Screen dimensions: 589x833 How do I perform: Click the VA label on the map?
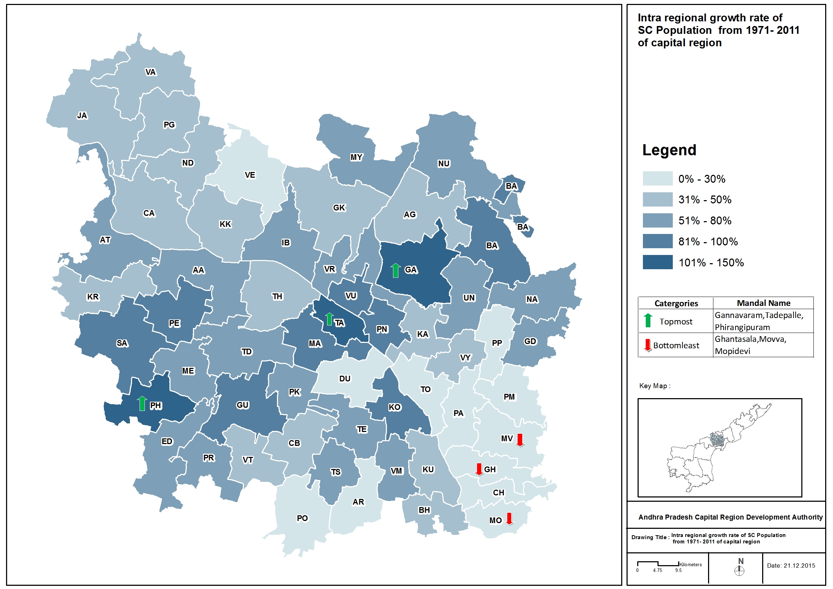[151, 72]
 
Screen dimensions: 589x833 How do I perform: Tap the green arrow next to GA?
[395, 270]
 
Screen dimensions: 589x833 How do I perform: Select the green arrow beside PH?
[142, 403]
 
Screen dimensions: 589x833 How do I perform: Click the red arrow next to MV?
[520, 440]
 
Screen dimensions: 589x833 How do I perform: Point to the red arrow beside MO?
[509, 518]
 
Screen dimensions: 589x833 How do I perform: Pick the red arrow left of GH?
[479, 469]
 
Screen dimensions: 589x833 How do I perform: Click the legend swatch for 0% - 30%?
[658, 178]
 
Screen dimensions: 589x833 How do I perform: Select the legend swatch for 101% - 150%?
[658, 262]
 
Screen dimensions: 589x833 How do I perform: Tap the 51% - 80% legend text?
[704, 221]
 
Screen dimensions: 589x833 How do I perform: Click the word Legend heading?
[669, 150]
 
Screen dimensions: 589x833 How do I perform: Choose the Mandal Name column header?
[763, 303]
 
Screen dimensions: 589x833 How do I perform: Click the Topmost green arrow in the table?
[648, 320]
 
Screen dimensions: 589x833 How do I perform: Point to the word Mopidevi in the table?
[732, 351]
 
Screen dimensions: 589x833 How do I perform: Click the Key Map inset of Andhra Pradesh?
[719, 448]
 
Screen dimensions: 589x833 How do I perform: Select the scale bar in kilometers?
[658, 564]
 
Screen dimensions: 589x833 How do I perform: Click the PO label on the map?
[302, 518]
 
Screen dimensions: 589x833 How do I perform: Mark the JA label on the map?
[82, 116]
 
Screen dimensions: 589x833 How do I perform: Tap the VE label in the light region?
[250, 175]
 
